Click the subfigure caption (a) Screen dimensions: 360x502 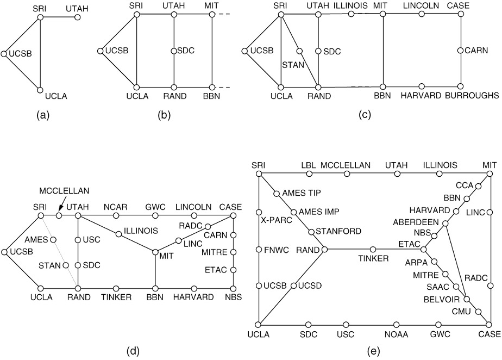click(x=40, y=115)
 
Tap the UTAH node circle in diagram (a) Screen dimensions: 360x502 click(x=78, y=17)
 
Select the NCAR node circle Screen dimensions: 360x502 click(x=116, y=216)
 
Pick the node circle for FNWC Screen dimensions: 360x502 click(x=260, y=250)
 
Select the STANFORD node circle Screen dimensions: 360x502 click(x=311, y=231)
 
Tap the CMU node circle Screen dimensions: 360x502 click(x=479, y=312)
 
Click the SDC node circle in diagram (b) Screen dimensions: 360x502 click(x=174, y=51)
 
